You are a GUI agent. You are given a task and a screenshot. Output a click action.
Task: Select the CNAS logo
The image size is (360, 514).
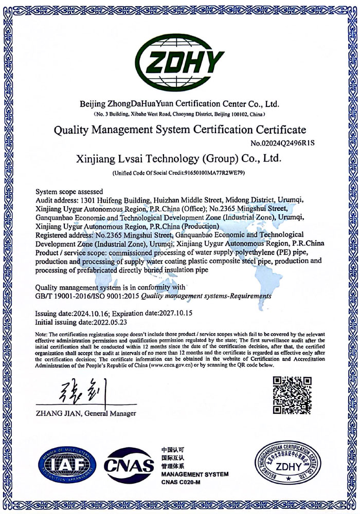tap(130, 465)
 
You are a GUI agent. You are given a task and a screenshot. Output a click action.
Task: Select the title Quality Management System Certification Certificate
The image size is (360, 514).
tap(180, 130)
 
